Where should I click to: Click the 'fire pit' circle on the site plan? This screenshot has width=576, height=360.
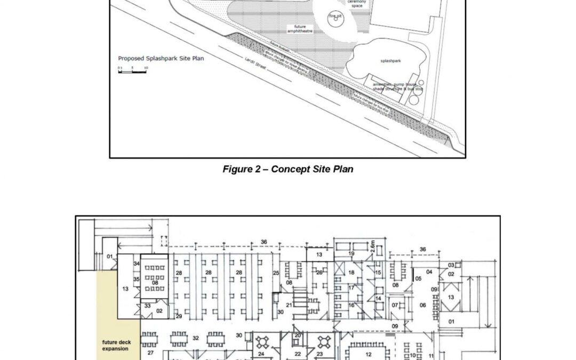pos(335,17)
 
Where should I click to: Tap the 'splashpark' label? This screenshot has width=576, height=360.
pos(390,61)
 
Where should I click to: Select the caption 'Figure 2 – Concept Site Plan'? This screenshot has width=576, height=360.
pos(288,170)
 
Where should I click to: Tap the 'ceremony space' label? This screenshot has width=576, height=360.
pos(357,4)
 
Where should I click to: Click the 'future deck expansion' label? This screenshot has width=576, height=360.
pos(116,345)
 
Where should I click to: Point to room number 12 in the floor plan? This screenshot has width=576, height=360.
pos(368,354)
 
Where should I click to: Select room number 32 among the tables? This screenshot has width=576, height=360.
pos(196,338)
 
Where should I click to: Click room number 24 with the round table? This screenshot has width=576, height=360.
pos(261,354)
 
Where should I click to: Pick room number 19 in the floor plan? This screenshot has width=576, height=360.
pos(351,253)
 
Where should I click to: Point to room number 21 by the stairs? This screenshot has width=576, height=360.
pos(289,305)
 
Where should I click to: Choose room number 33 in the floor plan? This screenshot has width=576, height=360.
pos(148,306)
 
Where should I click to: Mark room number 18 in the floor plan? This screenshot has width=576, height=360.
pos(351,273)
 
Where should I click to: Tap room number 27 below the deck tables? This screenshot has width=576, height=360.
pos(151,353)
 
